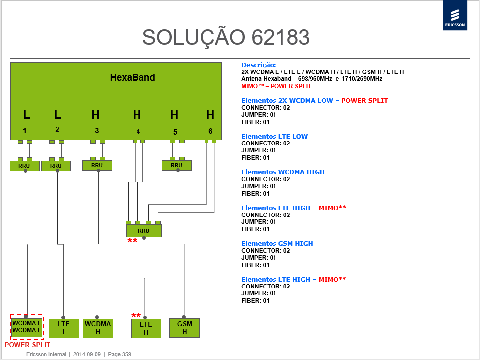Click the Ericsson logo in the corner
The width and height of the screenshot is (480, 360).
point(455,15)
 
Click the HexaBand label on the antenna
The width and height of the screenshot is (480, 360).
point(133,78)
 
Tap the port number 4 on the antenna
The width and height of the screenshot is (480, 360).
point(138,131)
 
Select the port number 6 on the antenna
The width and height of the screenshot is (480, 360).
point(210,131)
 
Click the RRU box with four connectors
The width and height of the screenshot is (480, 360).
point(144,231)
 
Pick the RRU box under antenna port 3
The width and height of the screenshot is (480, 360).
point(97,165)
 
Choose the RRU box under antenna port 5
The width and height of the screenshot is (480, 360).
point(177,165)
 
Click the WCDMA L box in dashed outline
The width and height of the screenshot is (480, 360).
point(27,327)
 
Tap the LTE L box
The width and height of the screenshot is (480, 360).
point(64,328)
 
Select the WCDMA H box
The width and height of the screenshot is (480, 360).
point(98,328)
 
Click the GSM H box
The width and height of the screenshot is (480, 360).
point(184,328)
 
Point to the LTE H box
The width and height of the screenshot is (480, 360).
point(146,329)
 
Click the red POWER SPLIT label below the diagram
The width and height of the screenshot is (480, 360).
point(27,345)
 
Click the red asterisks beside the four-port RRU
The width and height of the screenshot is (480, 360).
point(132,241)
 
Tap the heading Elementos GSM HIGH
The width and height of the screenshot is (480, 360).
point(277,244)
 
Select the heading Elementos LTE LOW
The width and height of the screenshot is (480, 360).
point(274,137)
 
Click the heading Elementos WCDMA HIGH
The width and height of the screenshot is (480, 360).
point(283,172)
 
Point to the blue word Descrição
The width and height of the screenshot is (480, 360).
point(259,65)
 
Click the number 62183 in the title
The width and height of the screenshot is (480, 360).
point(281,37)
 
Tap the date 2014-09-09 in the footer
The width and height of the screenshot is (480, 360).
point(87,354)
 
